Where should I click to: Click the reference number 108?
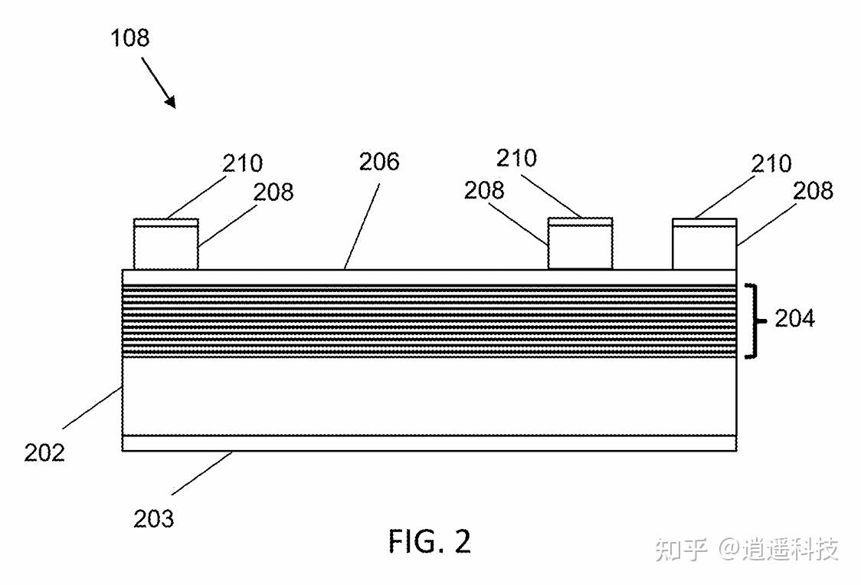[129, 38]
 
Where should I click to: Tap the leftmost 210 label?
[242, 163]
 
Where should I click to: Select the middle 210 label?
[516, 158]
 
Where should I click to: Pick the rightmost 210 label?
[771, 163]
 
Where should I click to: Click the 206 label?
[379, 162]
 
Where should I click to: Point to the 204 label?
[794, 318]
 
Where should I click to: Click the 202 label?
[44, 452]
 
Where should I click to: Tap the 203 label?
[154, 519]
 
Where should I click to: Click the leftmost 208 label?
[273, 192]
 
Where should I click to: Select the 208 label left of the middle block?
[483, 189]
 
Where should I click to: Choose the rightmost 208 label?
[813, 189]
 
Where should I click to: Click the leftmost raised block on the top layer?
[166, 248]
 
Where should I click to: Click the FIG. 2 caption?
[429, 541]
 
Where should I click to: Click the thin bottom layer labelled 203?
[429, 443]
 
